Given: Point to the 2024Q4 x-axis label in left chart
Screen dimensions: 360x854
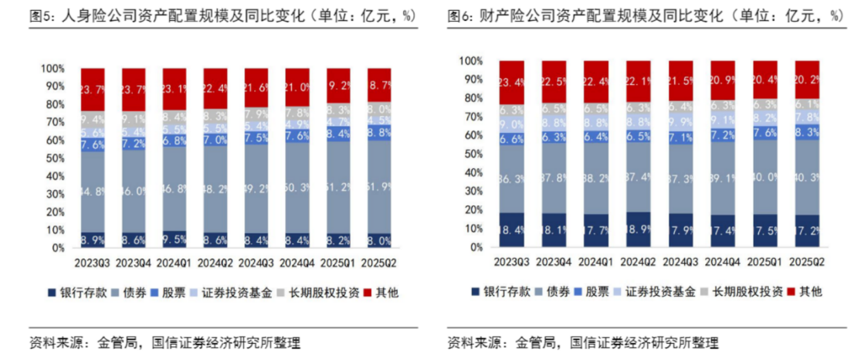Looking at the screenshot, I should pyautogui.click(x=297, y=263).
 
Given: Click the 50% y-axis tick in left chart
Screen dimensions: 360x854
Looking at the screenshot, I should pyautogui.click(x=52, y=158).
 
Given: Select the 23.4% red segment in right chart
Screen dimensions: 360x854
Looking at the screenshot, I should pyautogui.click(x=511, y=81).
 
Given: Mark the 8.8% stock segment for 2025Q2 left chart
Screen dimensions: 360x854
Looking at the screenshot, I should pyautogui.click(x=378, y=133).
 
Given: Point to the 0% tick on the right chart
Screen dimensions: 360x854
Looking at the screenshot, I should pyautogui.click(x=476, y=248).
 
